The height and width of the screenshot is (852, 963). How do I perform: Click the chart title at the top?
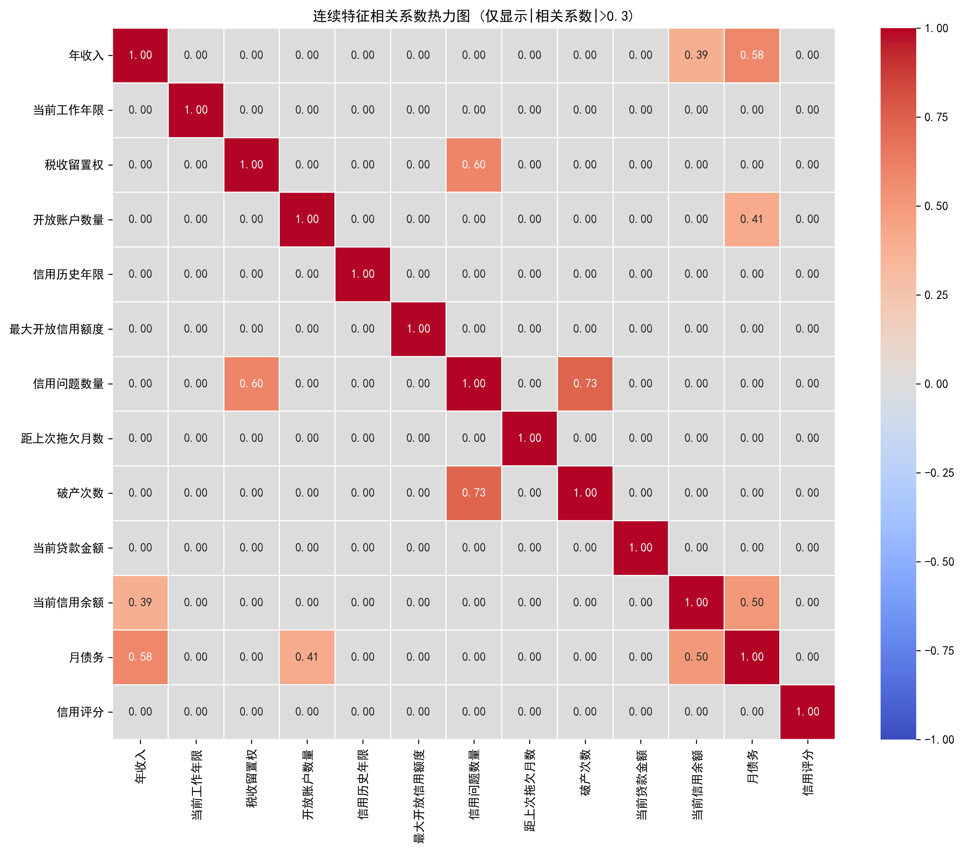(x=474, y=16)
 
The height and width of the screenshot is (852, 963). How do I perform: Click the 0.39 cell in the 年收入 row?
(x=696, y=55)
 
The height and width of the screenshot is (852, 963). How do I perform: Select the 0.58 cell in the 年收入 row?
(x=751, y=55)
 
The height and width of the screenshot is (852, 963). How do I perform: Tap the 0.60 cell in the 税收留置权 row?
(x=474, y=165)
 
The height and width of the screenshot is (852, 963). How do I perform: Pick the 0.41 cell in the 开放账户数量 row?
(x=751, y=219)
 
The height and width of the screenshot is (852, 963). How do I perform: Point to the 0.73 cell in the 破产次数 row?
(x=474, y=493)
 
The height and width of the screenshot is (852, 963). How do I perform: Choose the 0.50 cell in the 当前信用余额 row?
(x=751, y=602)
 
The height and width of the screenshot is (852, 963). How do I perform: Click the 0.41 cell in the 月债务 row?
(x=307, y=657)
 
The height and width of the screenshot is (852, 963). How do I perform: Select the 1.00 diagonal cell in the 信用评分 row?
(x=807, y=712)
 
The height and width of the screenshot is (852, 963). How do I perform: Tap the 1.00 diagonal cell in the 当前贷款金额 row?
(x=640, y=548)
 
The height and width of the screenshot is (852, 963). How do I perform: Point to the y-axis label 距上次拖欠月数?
(x=62, y=439)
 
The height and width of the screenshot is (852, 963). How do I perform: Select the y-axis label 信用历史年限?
(x=68, y=274)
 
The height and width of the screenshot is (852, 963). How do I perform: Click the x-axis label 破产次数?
(x=585, y=773)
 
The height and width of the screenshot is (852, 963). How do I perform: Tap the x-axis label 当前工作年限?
(x=196, y=784)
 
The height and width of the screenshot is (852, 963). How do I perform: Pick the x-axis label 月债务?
(x=752, y=766)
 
